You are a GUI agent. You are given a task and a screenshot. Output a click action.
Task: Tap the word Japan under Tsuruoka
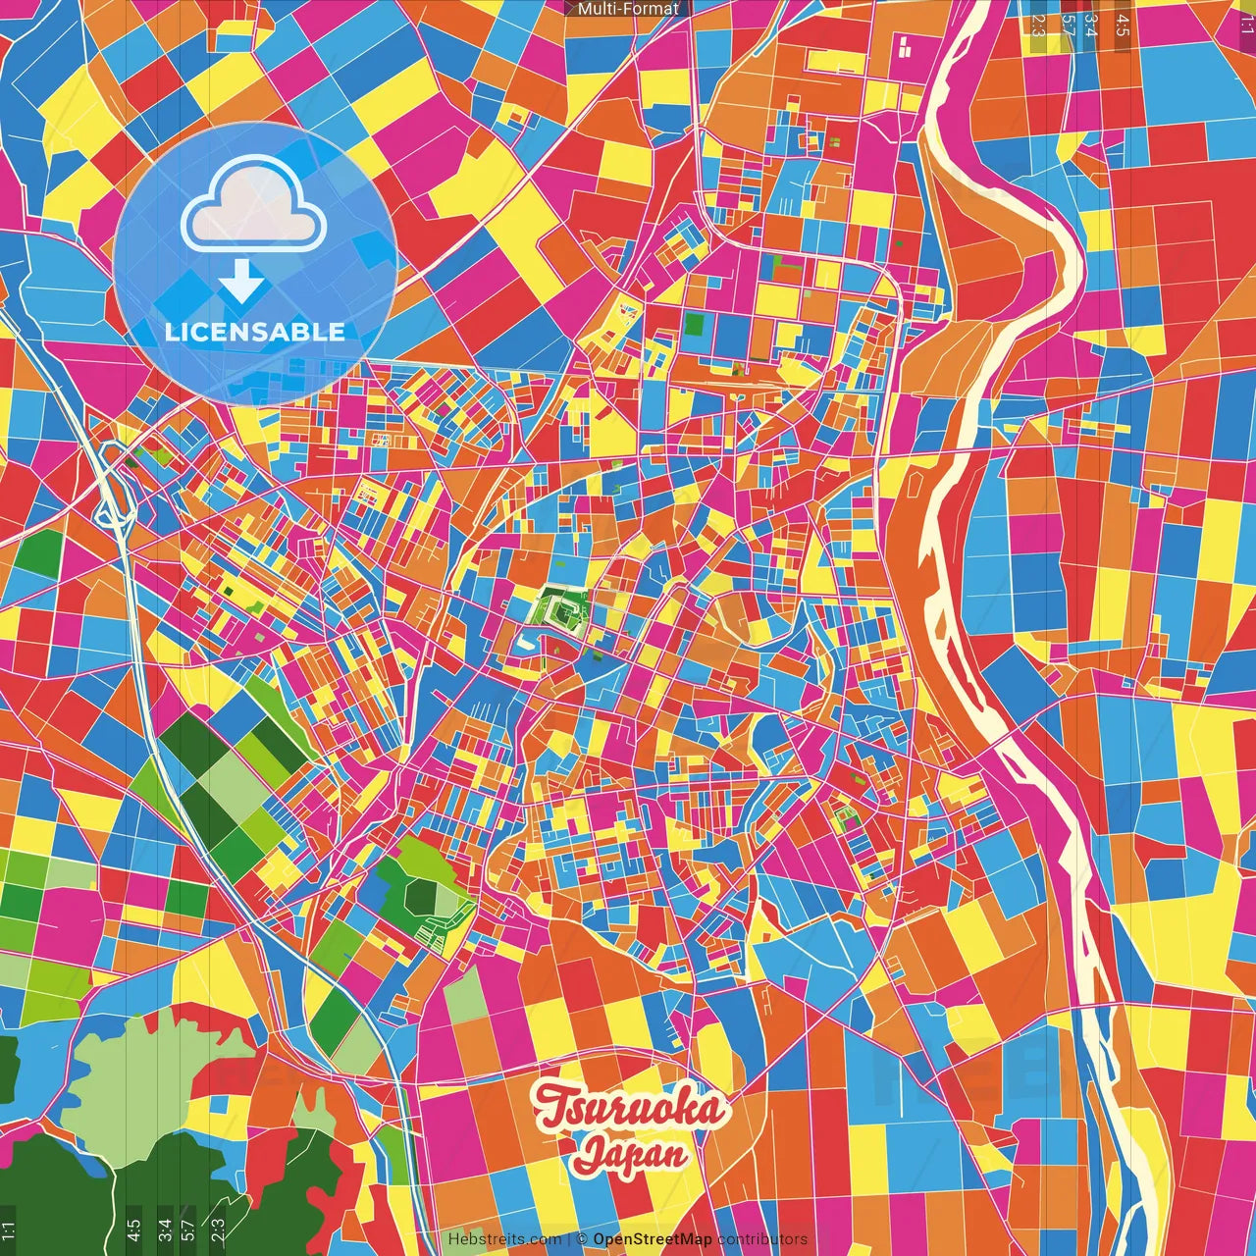(x=631, y=1154)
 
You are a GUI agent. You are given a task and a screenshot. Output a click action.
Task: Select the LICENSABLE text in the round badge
(x=255, y=332)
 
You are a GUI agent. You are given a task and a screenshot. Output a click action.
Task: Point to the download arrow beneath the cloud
(x=241, y=281)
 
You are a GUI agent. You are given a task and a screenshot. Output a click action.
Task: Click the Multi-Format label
(x=628, y=9)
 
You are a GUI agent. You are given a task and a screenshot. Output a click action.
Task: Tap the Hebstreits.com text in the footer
(x=504, y=1239)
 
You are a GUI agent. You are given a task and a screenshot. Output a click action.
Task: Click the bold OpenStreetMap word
(x=652, y=1239)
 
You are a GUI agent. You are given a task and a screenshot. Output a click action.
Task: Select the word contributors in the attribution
(x=761, y=1239)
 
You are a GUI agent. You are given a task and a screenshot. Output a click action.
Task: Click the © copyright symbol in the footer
(x=581, y=1239)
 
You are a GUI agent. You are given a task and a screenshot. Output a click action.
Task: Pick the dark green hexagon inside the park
(x=423, y=895)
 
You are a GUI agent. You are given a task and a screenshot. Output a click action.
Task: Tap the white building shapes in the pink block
(x=904, y=45)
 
